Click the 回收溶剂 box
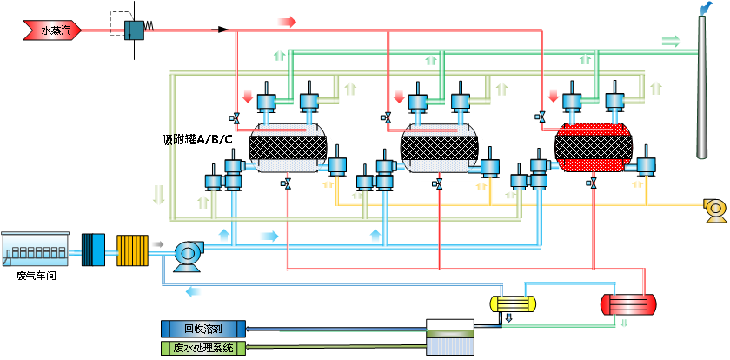[203, 329]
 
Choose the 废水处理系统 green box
[203, 348]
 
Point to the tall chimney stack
[702, 87]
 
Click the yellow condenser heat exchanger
[512, 303]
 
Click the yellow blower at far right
[714, 208]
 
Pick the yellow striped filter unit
[134, 249]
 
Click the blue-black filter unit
[92, 249]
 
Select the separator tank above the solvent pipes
[450, 337]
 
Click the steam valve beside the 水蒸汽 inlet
[135, 29]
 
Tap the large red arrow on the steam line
[286, 21]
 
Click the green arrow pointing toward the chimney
[670, 41]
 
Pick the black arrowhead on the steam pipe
[223, 30]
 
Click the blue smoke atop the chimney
[703, 7]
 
